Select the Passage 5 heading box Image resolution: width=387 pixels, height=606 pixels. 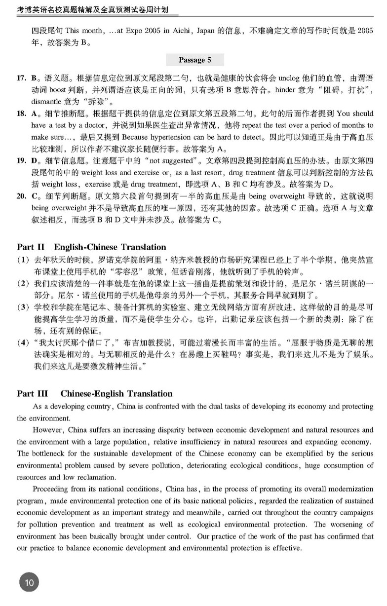click(x=194, y=60)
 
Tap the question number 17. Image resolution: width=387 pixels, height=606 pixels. click(x=22, y=78)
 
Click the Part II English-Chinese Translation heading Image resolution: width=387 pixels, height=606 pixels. click(x=91, y=247)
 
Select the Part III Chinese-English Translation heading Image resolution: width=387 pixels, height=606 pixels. click(x=94, y=393)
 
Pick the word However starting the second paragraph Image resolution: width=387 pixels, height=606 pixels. click(x=48, y=430)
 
